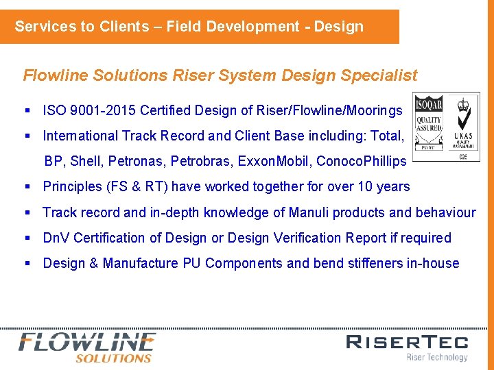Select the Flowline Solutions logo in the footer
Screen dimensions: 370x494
[x=87, y=347]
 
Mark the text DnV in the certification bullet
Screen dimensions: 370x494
[x=56, y=238]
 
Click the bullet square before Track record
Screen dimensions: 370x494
[x=28, y=212]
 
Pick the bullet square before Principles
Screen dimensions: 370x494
[x=28, y=186]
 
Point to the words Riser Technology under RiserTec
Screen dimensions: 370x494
[x=437, y=357]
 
